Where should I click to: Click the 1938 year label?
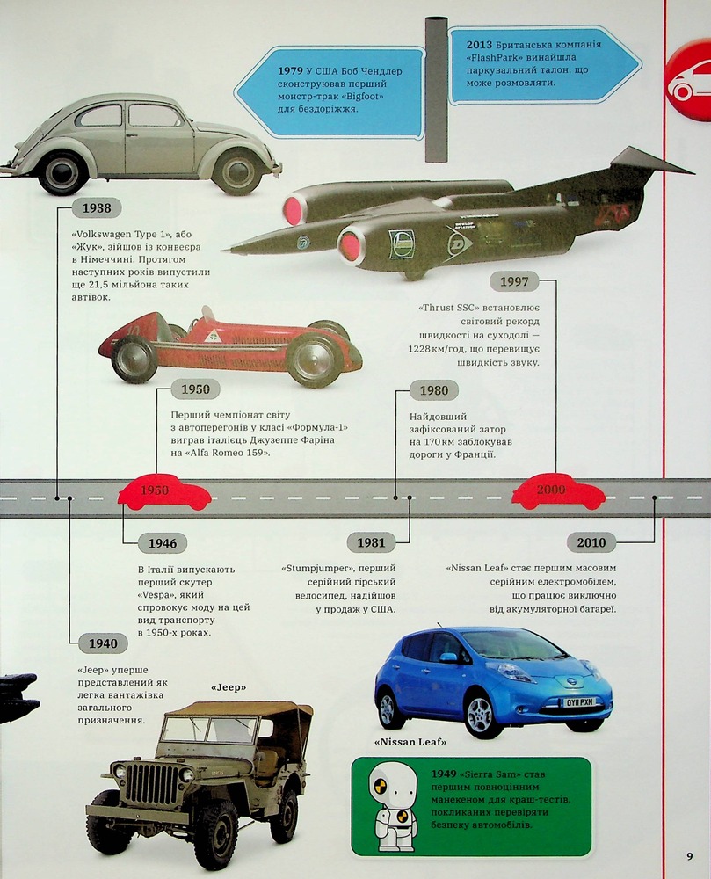[x=97, y=208]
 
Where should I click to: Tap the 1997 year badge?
[x=514, y=281]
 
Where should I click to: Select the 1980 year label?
[x=433, y=391]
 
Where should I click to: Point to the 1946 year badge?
[x=163, y=543]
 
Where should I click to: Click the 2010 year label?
[x=591, y=542]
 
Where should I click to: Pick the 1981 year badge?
[x=371, y=542]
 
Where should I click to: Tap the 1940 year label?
[x=103, y=643]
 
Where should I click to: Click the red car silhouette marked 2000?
[x=559, y=492]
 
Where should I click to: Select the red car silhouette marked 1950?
[x=163, y=493]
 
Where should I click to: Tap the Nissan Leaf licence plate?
[x=578, y=701]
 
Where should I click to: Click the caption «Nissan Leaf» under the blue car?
[x=410, y=742]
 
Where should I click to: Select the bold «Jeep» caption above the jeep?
[x=229, y=687]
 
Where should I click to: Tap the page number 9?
[x=690, y=856]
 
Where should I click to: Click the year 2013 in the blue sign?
[x=479, y=45]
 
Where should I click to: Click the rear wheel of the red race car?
[x=134, y=360]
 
